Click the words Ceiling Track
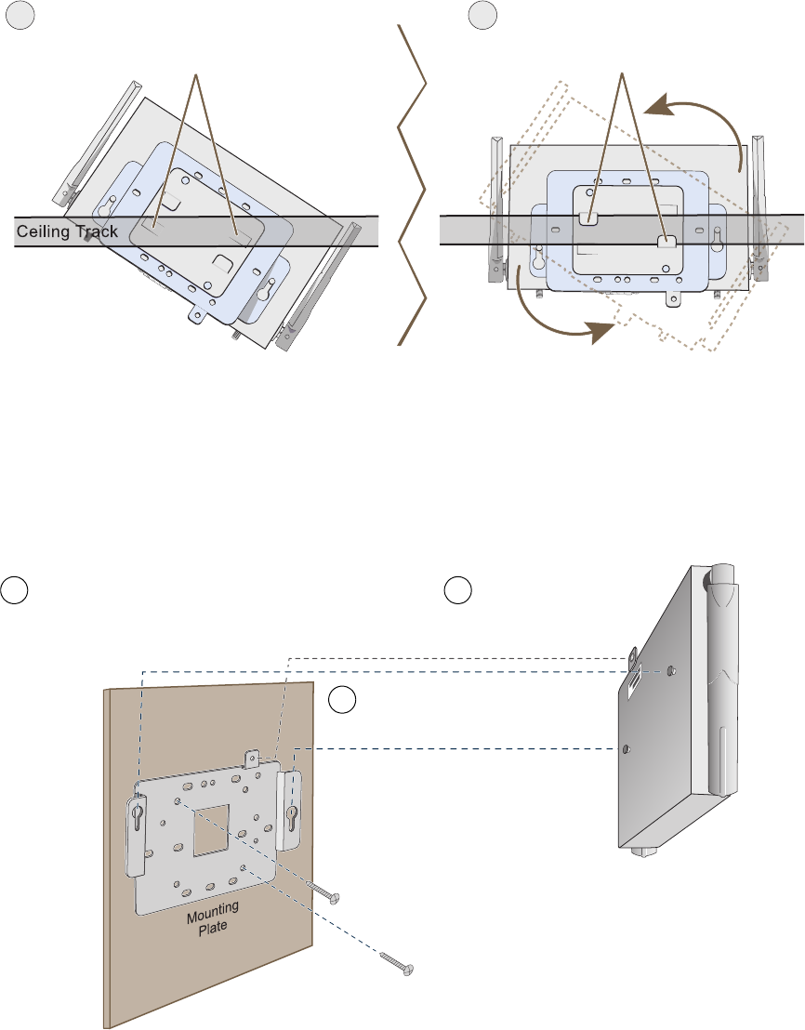coord(68,231)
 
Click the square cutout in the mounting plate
coord(212,825)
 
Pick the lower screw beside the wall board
coord(399,965)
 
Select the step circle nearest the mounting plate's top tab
coord(344,702)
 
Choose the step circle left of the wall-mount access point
coord(455,589)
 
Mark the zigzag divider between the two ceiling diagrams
coord(413,186)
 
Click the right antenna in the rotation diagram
coord(761,208)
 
